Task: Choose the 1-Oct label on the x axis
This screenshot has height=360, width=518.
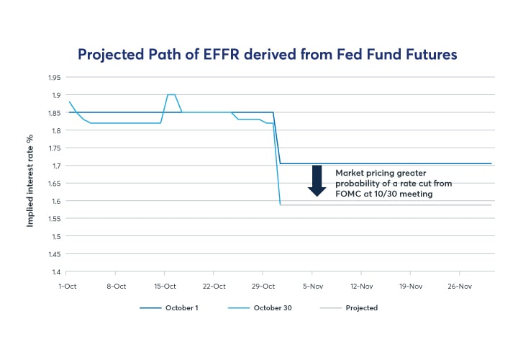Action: point(66,285)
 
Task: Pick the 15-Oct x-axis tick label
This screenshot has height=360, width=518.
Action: point(165,285)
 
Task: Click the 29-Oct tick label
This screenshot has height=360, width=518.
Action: point(263,285)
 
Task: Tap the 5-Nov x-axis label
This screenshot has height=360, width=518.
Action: point(312,285)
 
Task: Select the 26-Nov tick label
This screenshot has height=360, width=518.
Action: point(460,285)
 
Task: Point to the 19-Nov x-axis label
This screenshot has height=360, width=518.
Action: point(411,285)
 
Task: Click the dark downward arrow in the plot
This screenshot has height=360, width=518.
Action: point(317,181)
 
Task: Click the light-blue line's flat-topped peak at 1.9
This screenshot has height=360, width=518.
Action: point(171,94)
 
